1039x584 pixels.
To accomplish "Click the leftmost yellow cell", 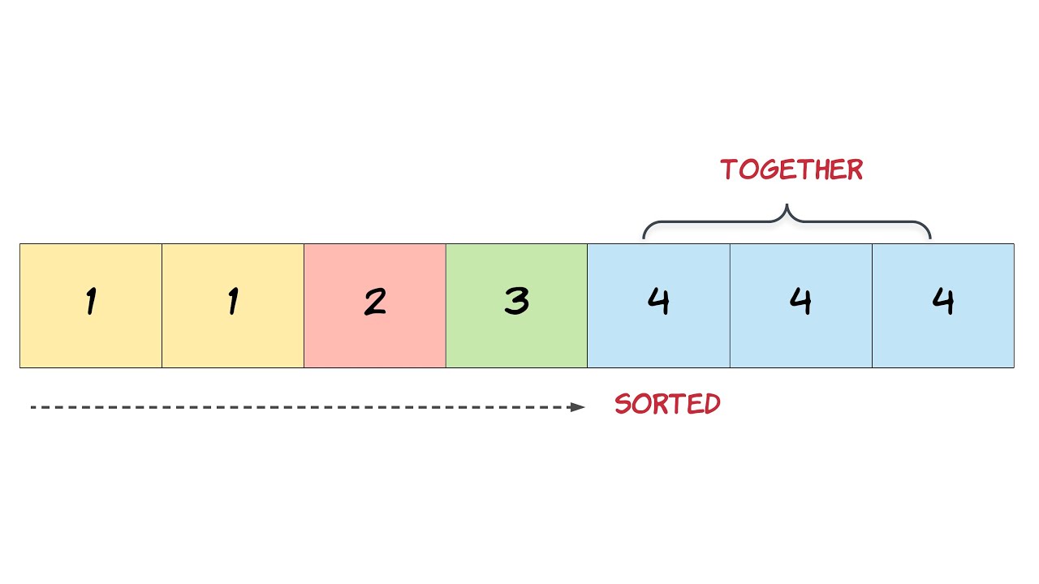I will pyautogui.click(x=91, y=306).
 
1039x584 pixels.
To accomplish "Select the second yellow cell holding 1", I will pyautogui.click(x=233, y=306).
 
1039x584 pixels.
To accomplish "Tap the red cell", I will pyautogui.click(x=375, y=306).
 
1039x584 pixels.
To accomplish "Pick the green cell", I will pyautogui.click(x=516, y=306).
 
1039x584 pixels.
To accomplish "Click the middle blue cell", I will pyautogui.click(x=801, y=306).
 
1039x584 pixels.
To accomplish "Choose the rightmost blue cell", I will pyautogui.click(x=943, y=306).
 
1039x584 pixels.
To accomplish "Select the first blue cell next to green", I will pyautogui.click(x=658, y=306).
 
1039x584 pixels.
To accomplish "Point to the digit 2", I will pyautogui.click(x=375, y=302).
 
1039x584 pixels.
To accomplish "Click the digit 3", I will pyautogui.click(x=516, y=302).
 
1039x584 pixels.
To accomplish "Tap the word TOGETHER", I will pyautogui.click(x=791, y=170).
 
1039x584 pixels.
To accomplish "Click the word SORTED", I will pyautogui.click(x=667, y=404).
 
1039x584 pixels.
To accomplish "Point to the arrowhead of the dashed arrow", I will pyautogui.click(x=578, y=407).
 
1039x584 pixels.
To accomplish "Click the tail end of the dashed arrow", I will pyautogui.click(x=32, y=407).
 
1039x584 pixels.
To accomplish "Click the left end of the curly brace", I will pyautogui.click(x=645, y=237).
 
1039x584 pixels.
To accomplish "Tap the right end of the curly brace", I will pyautogui.click(x=929, y=237).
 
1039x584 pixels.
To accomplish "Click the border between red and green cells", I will pyautogui.click(x=446, y=306).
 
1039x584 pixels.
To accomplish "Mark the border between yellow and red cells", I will pyautogui.click(x=304, y=306).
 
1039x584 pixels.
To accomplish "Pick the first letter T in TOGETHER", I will pyautogui.click(x=729, y=170).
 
